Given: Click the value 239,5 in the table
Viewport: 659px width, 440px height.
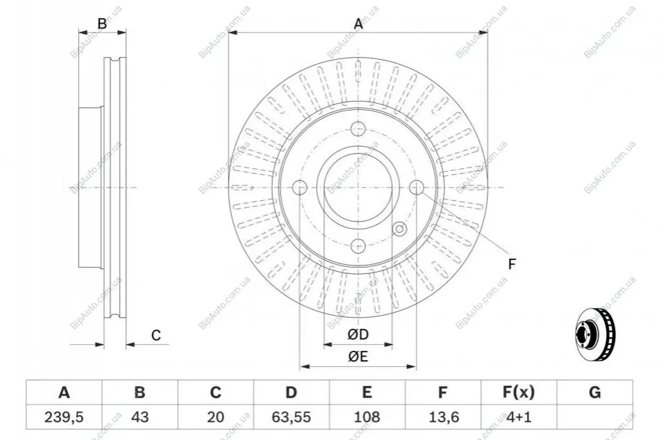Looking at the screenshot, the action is click(x=64, y=417).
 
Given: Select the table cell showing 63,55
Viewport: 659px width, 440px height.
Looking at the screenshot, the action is click(x=291, y=417).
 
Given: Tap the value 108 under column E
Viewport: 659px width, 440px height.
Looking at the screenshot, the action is click(x=367, y=417).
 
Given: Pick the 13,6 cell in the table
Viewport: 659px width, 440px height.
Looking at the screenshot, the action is click(x=442, y=417).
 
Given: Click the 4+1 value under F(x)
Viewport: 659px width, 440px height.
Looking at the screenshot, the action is click(x=519, y=417).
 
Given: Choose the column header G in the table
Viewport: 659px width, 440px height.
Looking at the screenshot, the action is click(x=594, y=393).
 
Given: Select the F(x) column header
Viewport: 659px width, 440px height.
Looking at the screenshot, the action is click(x=519, y=393).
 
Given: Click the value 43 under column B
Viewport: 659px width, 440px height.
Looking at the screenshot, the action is click(x=140, y=417).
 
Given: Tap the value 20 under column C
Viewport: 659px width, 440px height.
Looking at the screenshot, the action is click(x=215, y=417).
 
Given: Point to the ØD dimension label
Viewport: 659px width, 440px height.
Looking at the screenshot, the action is click(x=358, y=335).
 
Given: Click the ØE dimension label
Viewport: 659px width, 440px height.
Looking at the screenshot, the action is click(x=358, y=357).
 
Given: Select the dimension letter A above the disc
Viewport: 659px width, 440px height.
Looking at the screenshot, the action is click(x=358, y=24).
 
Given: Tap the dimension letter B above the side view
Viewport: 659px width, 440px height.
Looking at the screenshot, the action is click(x=102, y=24).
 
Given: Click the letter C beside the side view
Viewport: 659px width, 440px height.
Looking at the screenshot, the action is click(x=156, y=335).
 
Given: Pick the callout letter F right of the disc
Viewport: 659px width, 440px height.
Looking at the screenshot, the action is click(x=512, y=264).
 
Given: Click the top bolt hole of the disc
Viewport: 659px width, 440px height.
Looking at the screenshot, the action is click(x=358, y=129).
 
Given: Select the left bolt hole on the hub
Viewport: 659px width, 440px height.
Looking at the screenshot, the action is click(x=300, y=187).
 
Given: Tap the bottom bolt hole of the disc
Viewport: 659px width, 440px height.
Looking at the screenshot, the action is click(x=358, y=245).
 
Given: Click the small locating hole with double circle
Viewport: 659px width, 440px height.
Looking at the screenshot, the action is click(x=399, y=229).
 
